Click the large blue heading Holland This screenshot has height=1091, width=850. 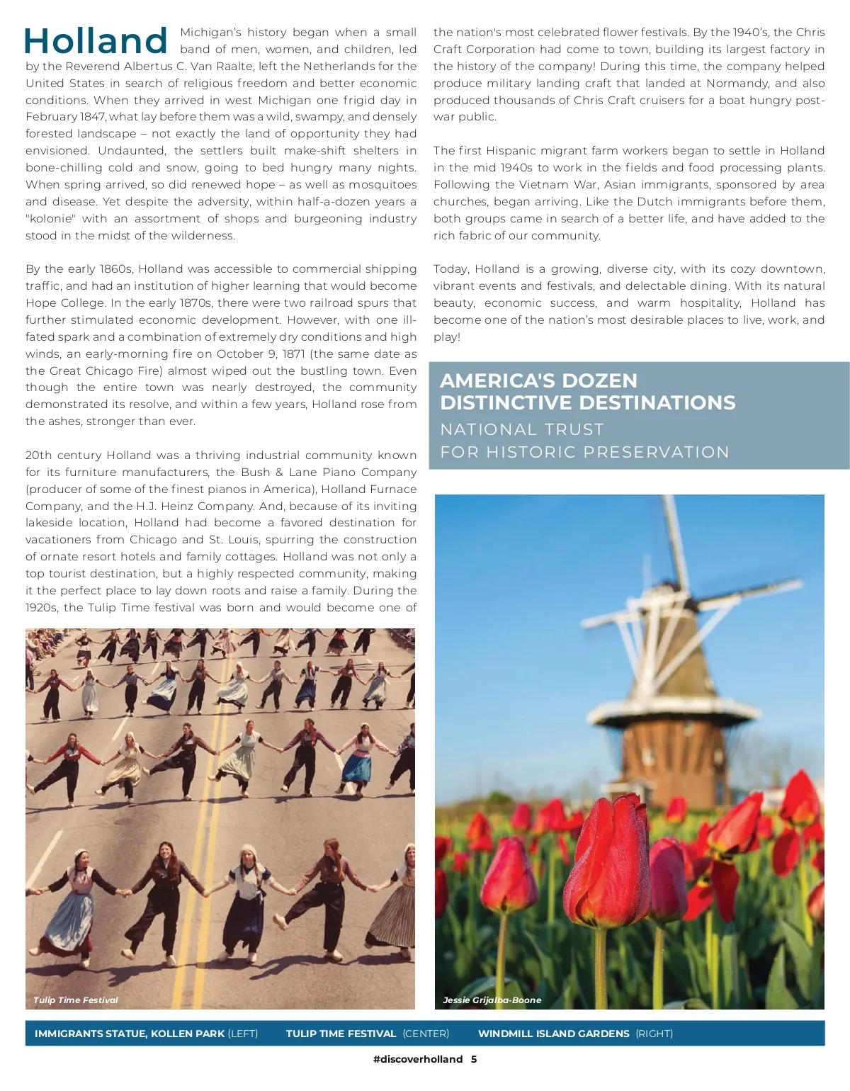[x=96, y=40]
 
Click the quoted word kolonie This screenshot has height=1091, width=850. [x=51, y=219]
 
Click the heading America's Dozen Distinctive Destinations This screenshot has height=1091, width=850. [x=587, y=391]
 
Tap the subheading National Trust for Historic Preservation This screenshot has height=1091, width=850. [x=584, y=441]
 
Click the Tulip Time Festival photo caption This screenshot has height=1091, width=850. [x=76, y=1000]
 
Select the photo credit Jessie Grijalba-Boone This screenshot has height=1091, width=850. [x=492, y=1000]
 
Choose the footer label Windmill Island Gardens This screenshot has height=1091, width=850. [x=553, y=1034]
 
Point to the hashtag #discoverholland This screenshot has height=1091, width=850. [x=417, y=1060]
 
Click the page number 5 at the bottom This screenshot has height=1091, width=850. [x=474, y=1060]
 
